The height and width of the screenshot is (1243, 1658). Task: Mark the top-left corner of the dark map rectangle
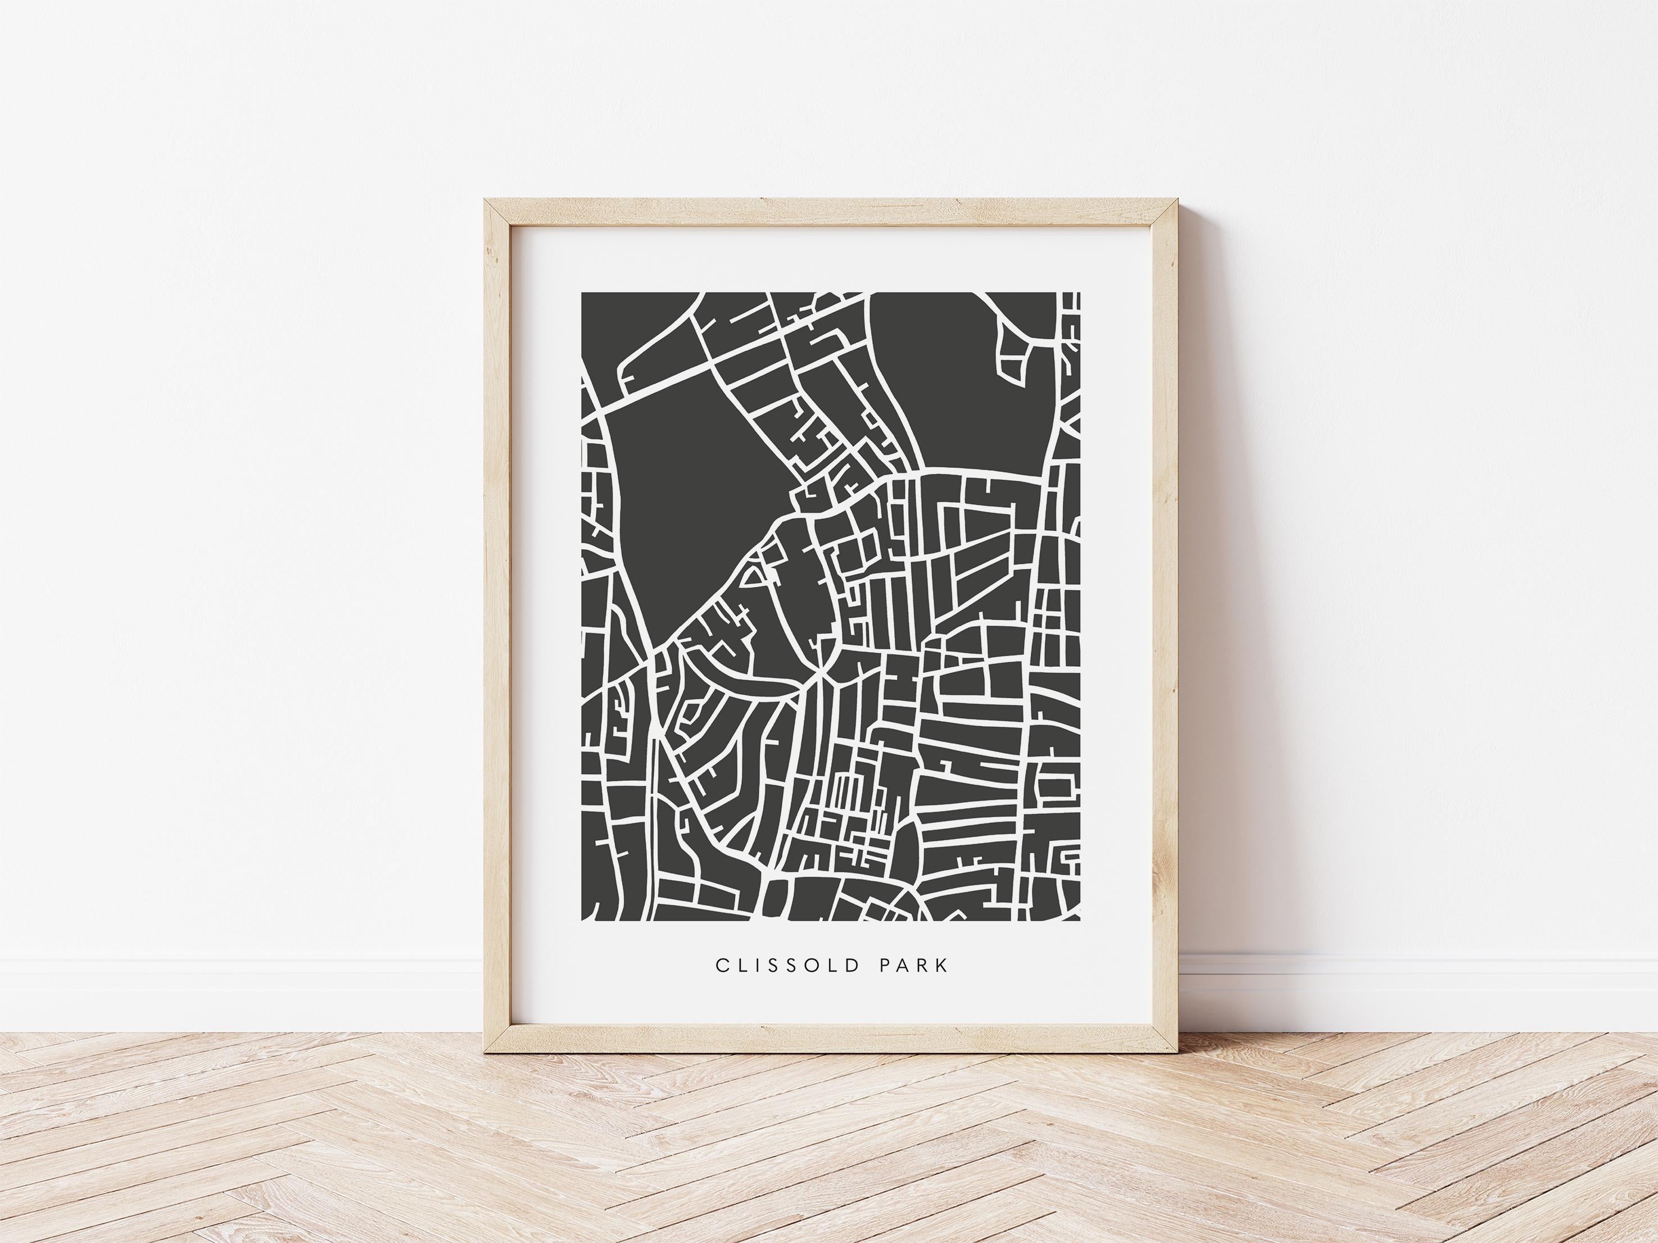[582, 293]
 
